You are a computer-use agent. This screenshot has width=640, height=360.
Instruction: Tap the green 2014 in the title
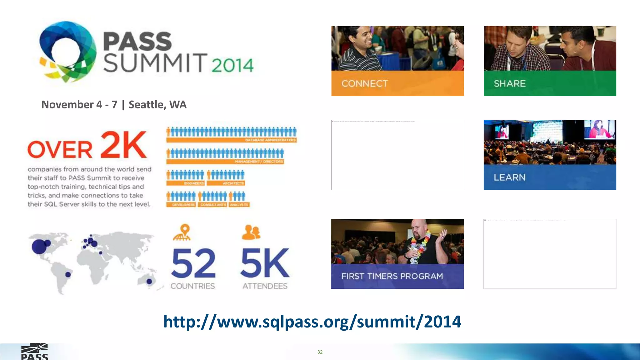pyautogui.click(x=232, y=65)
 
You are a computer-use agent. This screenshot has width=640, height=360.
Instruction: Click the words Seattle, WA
pyautogui.click(x=157, y=104)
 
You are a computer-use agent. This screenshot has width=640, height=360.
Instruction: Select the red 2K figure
pyautogui.click(x=124, y=145)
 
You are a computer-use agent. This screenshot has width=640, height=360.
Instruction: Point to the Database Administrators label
pyautogui.click(x=270, y=140)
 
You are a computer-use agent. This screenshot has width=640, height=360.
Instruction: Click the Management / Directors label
pyautogui.click(x=259, y=162)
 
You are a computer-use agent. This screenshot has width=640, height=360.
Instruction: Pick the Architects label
pyautogui.click(x=233, y=183)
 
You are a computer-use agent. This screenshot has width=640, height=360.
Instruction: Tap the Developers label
pyautogui.click(x=183, y=205)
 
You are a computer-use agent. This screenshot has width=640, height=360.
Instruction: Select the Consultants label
pyautogui.click(x=213, y=205)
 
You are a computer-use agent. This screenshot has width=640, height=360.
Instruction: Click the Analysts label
pyautogui.click(x=239, y=205)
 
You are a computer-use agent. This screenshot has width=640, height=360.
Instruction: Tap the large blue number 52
pyautogui.click(x=193, y=263)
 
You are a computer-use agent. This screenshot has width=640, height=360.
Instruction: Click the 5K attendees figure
pyautogui.click(x=265, y=263)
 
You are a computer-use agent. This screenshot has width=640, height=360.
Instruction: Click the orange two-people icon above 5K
pyautogui.click(x=251, y=232)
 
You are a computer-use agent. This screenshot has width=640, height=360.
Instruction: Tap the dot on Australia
pyautogui.click(x=149, y=281)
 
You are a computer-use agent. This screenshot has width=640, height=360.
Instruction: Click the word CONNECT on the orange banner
pyautogui.click(x=365, y=83)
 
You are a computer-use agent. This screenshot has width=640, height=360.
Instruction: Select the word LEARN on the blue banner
pyautogui.click(x=510, y=177)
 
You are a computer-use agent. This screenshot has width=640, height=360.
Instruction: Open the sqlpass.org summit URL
pyautogui.click(x=312, y=321)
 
